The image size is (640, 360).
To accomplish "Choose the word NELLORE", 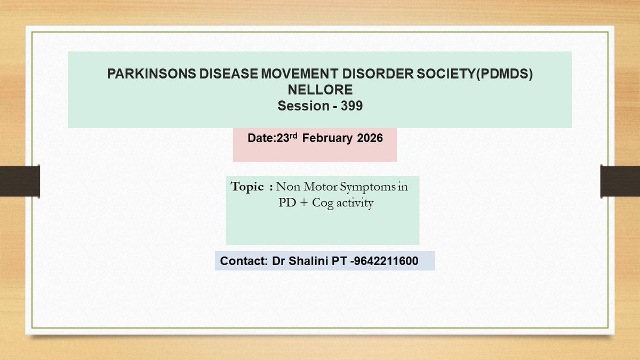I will tap(320, 90).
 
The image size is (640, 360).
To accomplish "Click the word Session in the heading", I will tap(303, 106).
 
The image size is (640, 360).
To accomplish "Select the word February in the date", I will tap(327, 138).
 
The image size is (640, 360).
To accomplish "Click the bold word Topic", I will tap(247, 187).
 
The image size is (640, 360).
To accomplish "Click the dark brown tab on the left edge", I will tap(20, 180).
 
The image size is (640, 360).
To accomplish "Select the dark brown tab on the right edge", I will tap(620, 180).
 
